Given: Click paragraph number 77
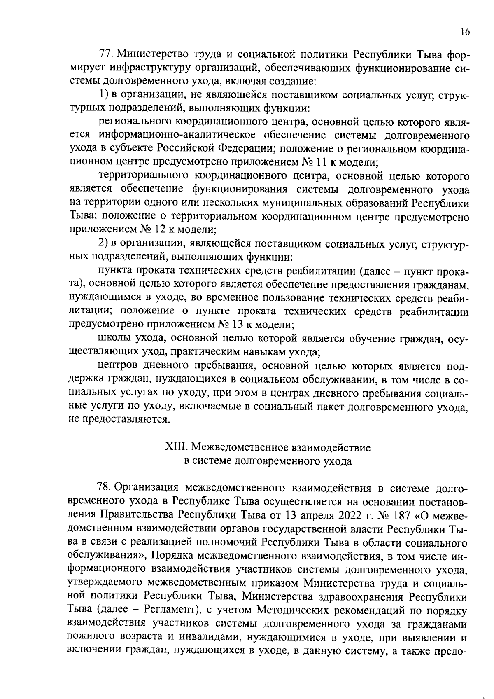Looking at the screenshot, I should pyautogui.click(x=106, y=54).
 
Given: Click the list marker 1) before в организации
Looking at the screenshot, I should pyautogui.click(x=104, y=95).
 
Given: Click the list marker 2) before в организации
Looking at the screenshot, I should pyautogui.click(x=104, y=243).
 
